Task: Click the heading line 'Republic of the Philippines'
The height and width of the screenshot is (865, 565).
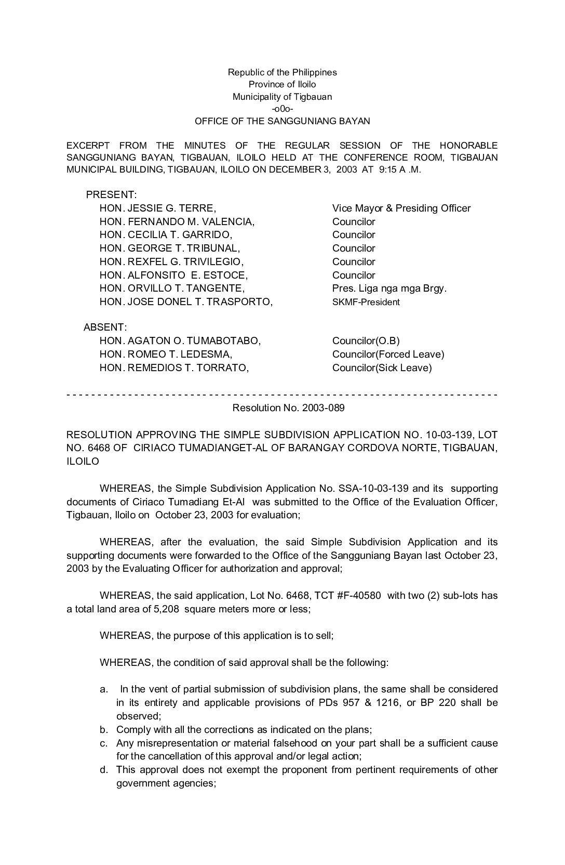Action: (282, 72)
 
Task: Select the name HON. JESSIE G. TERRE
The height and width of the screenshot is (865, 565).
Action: (157, 208)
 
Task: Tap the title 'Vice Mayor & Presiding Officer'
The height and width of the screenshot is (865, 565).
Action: (401, 208)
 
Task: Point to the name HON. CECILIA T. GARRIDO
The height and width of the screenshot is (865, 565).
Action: (166, 235)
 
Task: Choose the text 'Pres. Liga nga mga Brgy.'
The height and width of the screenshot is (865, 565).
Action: (389, 289)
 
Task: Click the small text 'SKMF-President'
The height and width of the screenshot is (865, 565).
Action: (366, 302)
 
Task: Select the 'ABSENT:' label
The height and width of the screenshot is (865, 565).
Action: (105, 327)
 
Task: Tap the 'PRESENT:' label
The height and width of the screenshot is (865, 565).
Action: (111, 195)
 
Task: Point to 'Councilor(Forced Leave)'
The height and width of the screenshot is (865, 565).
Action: (388, 355)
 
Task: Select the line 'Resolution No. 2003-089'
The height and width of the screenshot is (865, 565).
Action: (288, 408)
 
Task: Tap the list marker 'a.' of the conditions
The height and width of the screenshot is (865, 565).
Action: (104, 689)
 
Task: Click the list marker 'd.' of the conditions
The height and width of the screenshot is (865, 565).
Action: (104, 770)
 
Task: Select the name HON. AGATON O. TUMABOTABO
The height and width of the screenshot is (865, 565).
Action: (180, 341)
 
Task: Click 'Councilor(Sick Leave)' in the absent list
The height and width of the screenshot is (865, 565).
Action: (382, 368)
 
